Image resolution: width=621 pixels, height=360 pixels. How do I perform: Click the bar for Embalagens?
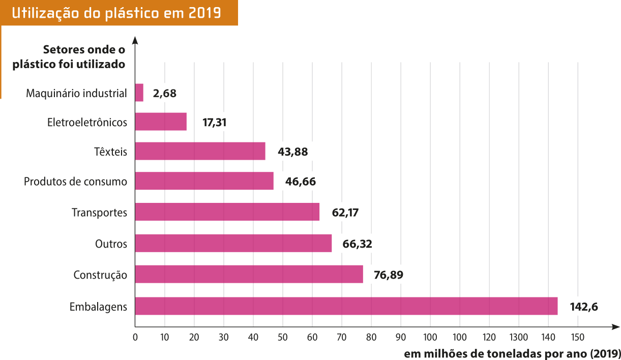coord(346,306)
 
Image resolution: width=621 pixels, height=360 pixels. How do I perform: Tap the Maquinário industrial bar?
coord(139,93)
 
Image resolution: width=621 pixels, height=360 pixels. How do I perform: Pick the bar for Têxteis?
coord(200,151)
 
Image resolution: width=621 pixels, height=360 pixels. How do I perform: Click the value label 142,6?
coord(583,306)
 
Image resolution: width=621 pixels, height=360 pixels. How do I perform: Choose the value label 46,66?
coord(300,182)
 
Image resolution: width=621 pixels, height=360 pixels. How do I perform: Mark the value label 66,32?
coord(357,244)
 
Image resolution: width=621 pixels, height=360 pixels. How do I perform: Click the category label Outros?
coord(111,244)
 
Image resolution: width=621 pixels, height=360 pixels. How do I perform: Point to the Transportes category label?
coord(99,213)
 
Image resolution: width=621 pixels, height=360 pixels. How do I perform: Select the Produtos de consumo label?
coord(75,182)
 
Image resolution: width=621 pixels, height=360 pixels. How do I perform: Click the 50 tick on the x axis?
coord(283,337)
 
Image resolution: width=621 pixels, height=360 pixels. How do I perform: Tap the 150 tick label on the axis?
coord(577,337)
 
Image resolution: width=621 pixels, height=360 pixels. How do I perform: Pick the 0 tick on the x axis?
coord(135,337)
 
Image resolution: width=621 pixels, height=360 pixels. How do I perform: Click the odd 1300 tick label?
coord(519,337)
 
